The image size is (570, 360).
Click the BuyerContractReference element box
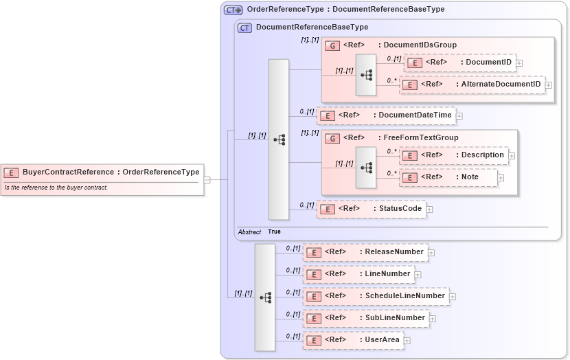point(103,172)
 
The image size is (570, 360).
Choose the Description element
point(455,155)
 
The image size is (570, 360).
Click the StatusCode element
point(371,208)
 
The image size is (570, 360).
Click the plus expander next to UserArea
point(407,341)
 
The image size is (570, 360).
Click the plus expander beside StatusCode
point(429,209)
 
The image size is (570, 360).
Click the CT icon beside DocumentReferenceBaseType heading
point(244,27)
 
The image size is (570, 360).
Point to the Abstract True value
point(274,232)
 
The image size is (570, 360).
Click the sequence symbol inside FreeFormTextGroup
point(366,167)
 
